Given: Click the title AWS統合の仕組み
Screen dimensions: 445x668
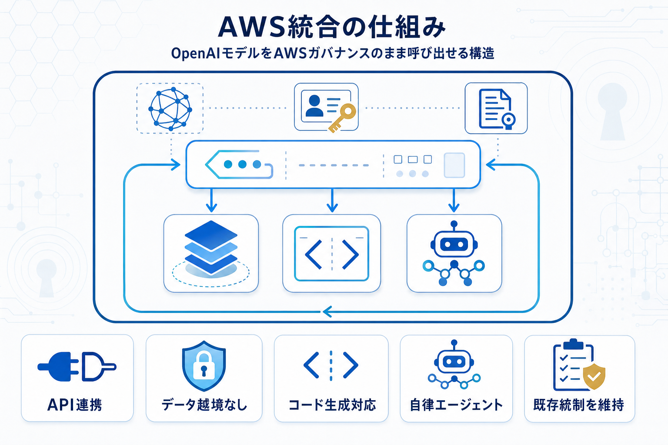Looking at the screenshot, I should click(332, 27).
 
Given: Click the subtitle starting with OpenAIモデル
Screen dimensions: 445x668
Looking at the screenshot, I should click(333, 53).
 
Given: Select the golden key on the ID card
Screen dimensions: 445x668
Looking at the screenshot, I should click(343, 116).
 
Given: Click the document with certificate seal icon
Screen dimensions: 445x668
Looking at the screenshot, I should click(496, 109).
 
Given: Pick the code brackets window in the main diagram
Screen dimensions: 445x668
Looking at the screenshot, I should click(332, 253).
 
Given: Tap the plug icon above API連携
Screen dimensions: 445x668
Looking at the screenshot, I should click(77, 367).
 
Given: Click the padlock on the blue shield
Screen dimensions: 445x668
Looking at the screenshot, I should click(204, 365).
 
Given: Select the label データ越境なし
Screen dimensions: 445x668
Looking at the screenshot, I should click(204, 405).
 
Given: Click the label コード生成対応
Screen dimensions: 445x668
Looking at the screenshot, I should click(332, 405).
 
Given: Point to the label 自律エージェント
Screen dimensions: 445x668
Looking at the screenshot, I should click(456, 405).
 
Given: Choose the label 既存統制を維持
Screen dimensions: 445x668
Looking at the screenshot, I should click(578, 405).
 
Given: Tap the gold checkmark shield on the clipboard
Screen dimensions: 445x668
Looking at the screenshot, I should click(594, 376).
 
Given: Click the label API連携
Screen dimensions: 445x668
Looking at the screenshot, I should click(75, 405).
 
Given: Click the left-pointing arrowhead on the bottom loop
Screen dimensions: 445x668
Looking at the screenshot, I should click(327, 312).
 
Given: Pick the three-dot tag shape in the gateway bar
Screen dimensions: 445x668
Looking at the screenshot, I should click(239, 164).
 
